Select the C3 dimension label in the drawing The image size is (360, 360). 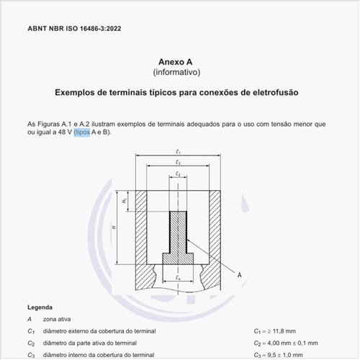(177, 163)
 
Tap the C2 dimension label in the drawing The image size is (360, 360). (177, 174)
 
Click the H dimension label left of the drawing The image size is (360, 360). (114, 228)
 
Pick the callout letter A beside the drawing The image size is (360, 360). (239, 275)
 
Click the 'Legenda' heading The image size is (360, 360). (40, 306)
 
